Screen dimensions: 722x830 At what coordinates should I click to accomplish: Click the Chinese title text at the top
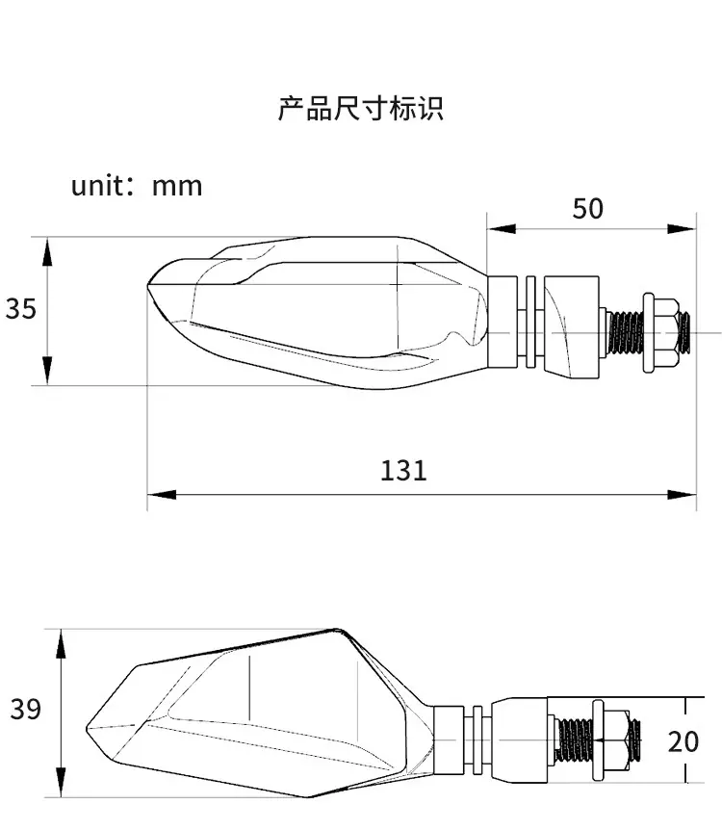coord(360,109)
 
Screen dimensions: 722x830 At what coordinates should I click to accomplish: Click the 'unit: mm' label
coord(137,185)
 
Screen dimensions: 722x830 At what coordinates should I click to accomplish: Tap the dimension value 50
coord(587,209)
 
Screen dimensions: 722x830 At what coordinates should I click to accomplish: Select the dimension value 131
coord(403,470)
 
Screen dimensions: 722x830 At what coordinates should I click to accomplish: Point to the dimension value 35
coord(21,309)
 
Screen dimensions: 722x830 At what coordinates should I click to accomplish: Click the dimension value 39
coord(25,709)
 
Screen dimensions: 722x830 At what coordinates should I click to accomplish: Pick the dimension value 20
coord(683,741)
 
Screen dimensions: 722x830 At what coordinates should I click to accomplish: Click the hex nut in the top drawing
coord(662,332)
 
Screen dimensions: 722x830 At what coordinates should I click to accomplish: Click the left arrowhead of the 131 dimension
coord(162,494)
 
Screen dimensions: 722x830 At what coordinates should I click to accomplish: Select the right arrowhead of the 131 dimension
coord(682,494)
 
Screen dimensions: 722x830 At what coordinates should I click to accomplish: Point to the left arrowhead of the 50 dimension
coord(502,228)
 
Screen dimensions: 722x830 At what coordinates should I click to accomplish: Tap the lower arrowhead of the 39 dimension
coord(61,783)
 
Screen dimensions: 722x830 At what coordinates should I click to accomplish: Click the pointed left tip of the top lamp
coord(147,285)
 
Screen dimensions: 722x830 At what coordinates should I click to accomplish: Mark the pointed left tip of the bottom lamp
coord(87,730)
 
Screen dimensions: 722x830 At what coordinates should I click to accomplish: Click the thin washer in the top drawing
coord(530,322)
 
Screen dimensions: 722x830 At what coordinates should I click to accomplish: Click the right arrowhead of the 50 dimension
coord(682,228)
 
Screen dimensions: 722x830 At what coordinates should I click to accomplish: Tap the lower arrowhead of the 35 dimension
coord(47,371)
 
